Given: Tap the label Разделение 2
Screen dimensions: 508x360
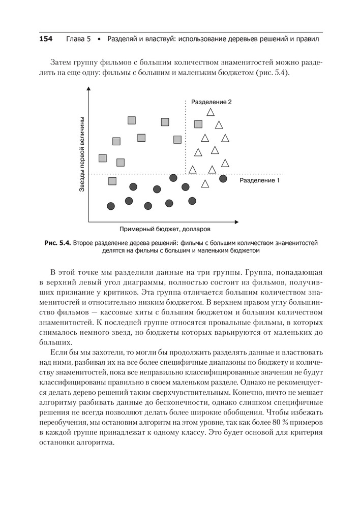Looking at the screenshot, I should (x=211, y=102).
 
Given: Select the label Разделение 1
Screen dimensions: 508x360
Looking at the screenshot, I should (x=260, y=180).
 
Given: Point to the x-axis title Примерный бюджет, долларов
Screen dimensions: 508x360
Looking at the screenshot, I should (x=162, y=229).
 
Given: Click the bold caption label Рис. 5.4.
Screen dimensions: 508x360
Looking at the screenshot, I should (x=57, y=243).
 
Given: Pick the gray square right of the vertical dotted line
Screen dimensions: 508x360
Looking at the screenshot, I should (x=198, y=124).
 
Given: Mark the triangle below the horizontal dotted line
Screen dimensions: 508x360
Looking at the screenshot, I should (x=205, y=184).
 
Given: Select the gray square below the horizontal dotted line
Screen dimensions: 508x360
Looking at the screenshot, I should (x=112, y=181).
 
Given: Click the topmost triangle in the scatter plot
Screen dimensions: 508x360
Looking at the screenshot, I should (x=209, y=112).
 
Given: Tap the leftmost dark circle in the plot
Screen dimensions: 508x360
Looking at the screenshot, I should (x=111, y=206).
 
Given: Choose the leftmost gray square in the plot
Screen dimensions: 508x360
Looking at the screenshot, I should (x=103, y=158).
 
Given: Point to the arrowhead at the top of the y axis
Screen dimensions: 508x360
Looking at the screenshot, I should (x=88, y=90).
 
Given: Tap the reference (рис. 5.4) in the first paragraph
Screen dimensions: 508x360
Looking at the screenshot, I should (x=270, y=73).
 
